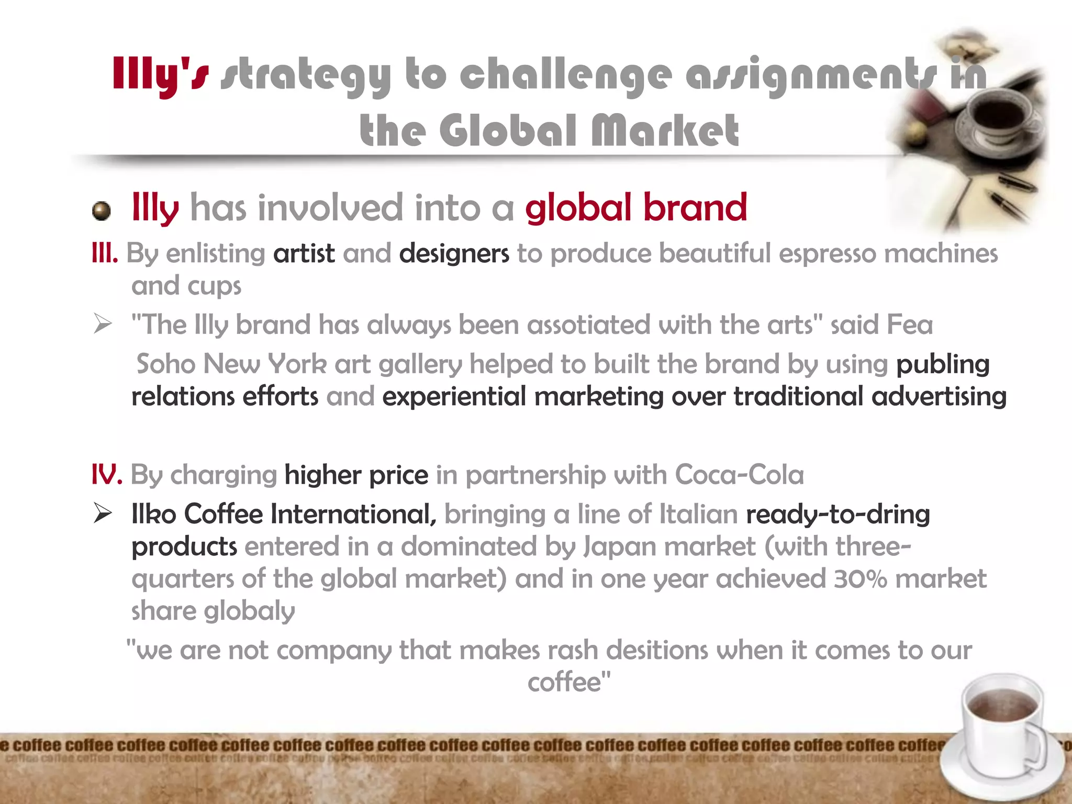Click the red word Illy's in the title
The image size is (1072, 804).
tap(160, 75)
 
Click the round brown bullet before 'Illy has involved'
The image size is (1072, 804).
tap(102, 211)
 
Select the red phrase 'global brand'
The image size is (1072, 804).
tap(636, 208)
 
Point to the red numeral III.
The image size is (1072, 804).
tap(105, 254)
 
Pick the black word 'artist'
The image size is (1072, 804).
tap(304, 254)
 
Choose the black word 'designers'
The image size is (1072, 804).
tap(454, 254)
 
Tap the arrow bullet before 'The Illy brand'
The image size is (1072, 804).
tap(103, 325)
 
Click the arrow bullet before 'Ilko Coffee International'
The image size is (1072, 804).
tap(103, 513)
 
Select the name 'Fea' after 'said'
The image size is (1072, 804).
tap(910, 325)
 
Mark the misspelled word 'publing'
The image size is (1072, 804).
tap(942, 364)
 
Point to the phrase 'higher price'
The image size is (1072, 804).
tap(356, 475)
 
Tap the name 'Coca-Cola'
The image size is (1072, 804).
tap(739, 475)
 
